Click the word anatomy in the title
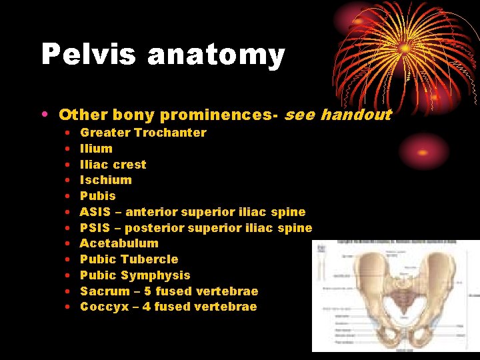(x=216, y=56)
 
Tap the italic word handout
(x=355, y=115)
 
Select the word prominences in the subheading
(x=210, y=115)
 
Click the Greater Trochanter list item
(x=143, y=133)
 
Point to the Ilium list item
(x=96, y=149)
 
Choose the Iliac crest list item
(x=113, y=165)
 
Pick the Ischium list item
(x=105, y=180)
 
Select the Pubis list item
(x=97, y=196)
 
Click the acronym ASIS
(x=96, y=212)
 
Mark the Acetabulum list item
(x=119, y=243)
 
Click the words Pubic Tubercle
(x=129, y=259)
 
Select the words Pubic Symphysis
(x=135, y=275)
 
